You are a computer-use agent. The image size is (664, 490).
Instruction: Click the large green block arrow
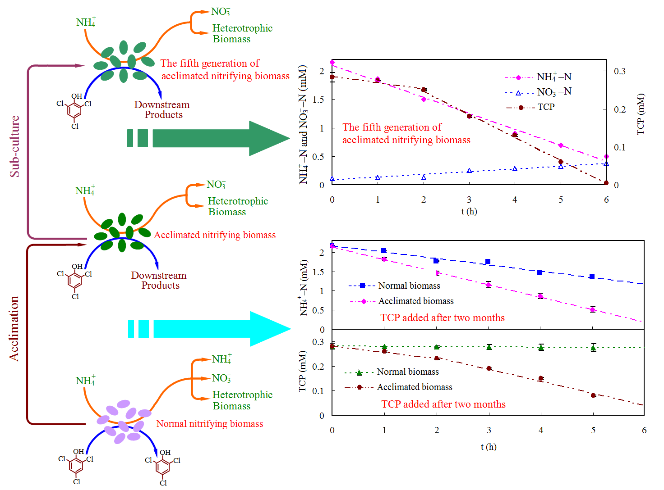click(212, 138)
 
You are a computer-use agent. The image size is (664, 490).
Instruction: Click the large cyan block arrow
click(212, 329)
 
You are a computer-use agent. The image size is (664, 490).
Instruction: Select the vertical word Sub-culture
click(15, 146)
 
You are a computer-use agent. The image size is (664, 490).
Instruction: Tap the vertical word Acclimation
click(14, 328)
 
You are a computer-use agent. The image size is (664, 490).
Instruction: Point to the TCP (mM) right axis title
click(641, 114)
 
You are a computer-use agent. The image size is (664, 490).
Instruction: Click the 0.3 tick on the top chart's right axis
click(620, 71)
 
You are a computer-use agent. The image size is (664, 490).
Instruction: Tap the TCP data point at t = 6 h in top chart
click(606, 183)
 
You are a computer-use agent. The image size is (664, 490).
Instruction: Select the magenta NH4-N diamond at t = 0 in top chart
click(332, 63)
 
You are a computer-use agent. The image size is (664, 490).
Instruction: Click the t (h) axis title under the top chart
click(469, 211)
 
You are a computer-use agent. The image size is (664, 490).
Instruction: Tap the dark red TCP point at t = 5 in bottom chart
click(593, 395)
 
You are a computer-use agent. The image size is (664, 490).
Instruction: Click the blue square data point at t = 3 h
click(488, 262)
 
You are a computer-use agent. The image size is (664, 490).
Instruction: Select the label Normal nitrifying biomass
click(210, 424)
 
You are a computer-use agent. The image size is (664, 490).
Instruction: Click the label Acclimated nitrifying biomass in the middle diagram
click(215, 235)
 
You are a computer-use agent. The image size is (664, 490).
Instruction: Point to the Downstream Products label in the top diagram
click(162, 109)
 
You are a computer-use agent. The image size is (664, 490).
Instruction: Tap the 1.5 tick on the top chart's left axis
click(318, 100)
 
